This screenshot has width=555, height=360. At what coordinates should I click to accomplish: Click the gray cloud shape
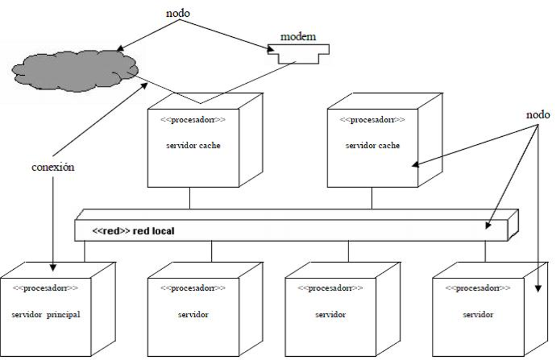tap(75, 71)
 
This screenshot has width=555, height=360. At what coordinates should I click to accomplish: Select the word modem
tap(298, 36)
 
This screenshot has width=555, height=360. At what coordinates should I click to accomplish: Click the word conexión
tap(53, 167)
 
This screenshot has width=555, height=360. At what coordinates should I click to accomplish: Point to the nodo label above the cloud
tap(178, 14)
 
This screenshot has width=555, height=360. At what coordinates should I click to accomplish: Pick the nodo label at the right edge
tap(538, 115)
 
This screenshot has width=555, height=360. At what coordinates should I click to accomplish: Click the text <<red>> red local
tap(133, 231)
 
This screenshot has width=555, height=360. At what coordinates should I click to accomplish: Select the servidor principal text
tap(45, 315)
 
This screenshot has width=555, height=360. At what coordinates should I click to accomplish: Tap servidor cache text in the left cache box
tap(193, 145)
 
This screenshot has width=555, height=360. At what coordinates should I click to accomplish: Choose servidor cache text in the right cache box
tap(372, 145)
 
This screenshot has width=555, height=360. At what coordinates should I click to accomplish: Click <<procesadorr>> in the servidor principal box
tap(45, 288)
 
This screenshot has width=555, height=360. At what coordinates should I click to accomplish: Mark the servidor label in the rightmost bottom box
tap(478, 315)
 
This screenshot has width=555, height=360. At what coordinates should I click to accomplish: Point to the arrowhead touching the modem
tap(271, 50)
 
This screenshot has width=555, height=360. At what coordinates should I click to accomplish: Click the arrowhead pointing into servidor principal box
tap(53, 267)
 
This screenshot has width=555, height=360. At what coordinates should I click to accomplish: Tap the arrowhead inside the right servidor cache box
tap(416, 165)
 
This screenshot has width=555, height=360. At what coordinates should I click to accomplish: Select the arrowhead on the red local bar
tap(489, 225)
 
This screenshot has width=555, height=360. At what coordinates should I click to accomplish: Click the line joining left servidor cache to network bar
tap(190, 198)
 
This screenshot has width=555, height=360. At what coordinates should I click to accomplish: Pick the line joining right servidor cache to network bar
tap(372, 198)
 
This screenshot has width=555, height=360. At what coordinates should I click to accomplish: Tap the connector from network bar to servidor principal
tap(85, 251)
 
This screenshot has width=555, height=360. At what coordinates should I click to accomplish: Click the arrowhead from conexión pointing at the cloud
tap(144, 86)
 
